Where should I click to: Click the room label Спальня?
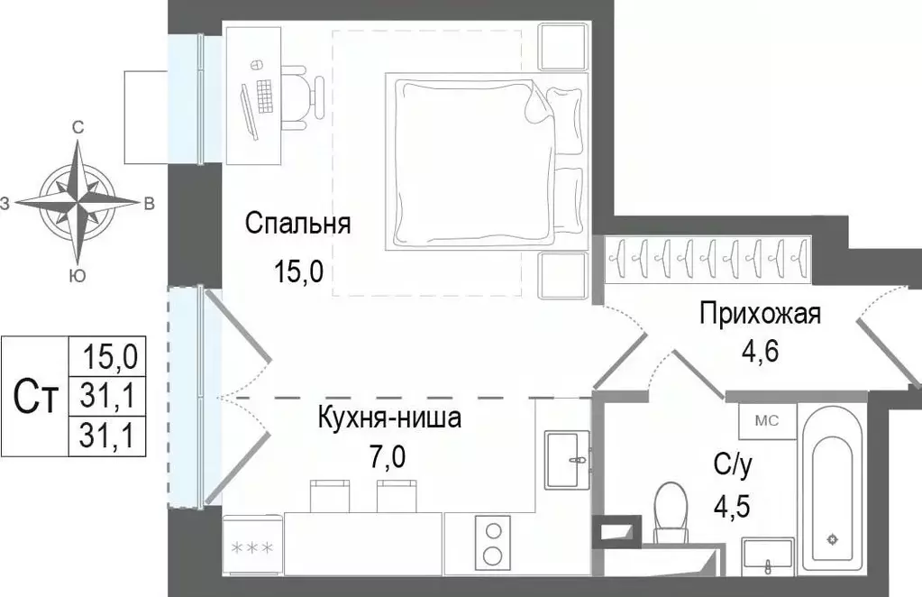tap(297, 224)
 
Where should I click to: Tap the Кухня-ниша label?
tap(389, 418)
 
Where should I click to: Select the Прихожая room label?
tap(760, 314)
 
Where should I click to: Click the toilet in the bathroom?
tap(671, 514)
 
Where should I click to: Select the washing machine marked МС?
tap(766, 419)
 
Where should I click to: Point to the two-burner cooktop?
tap(492, 541)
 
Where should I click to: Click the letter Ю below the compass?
tap(78, 277)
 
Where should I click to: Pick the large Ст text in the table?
tap(37, 396)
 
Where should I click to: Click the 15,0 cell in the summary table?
tap(109, 356)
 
